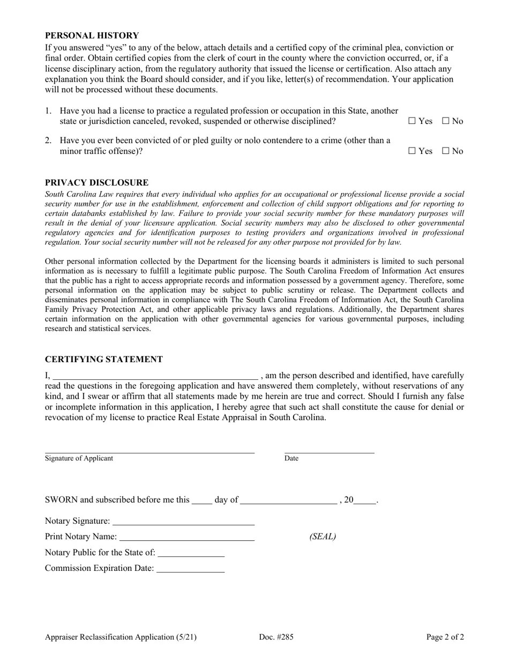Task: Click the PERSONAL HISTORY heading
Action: click(x=92, y=35)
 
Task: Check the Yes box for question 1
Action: click(x=411, y=121)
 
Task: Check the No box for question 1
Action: click(x=445, y=121)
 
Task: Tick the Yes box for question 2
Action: click(x=411, y=151)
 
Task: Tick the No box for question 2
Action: click(x=445, y=151)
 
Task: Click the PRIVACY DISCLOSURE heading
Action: click(x=96, y=182)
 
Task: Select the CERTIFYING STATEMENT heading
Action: click(x=103, y=360)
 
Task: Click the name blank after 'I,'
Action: click(x=155, y=376)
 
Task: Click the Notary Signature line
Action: click(x=184, y=522)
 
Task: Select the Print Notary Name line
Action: click(x=187, y=538)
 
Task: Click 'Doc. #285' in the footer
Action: click(x=276, y=637)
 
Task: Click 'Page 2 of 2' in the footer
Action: click(x=445, y=637)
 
